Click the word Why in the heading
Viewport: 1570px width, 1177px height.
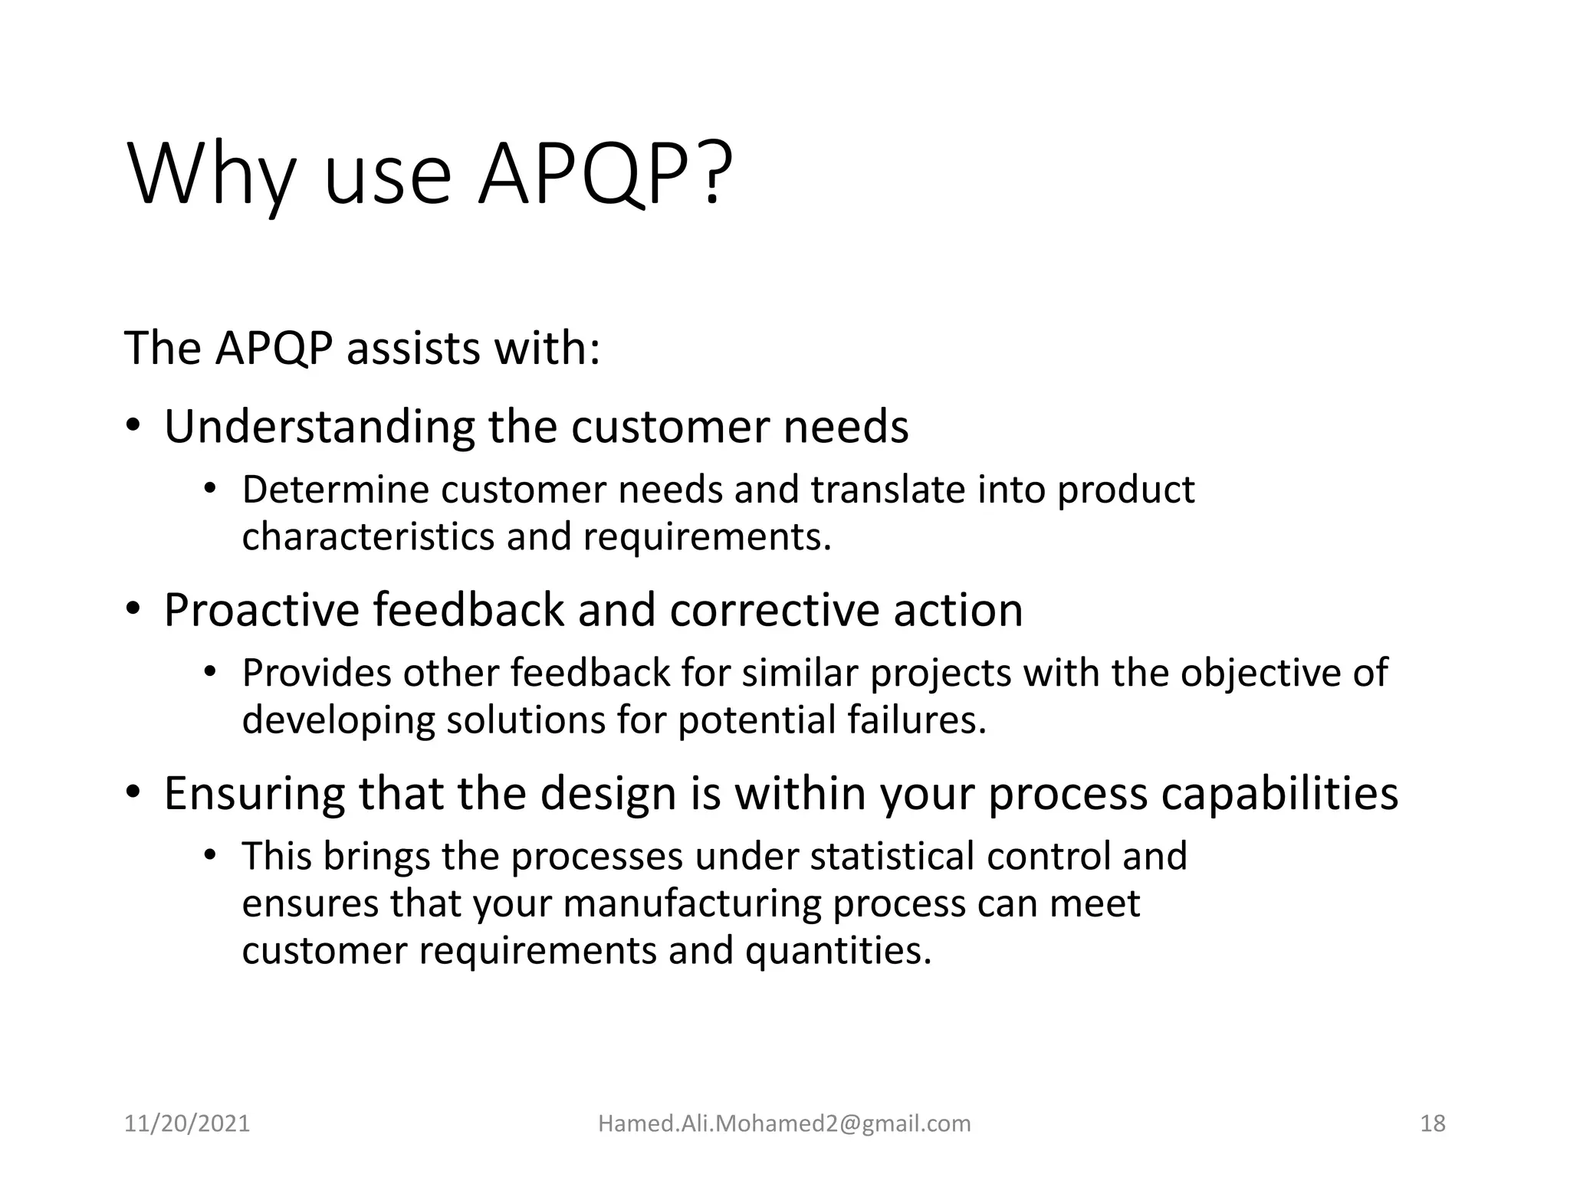(211, 176)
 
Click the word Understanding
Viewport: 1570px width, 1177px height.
(320, 427)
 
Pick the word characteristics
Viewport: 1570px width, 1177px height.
(368, 536)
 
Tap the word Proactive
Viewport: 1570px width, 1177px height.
(261, 611)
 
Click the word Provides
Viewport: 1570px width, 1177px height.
(317, 673)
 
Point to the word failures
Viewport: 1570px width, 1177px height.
(916, 720)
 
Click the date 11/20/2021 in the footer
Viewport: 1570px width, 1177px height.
(187, 1123)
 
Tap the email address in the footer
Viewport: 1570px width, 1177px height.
(784, 1123)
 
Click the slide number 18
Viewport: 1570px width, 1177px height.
(1433, 1123)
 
